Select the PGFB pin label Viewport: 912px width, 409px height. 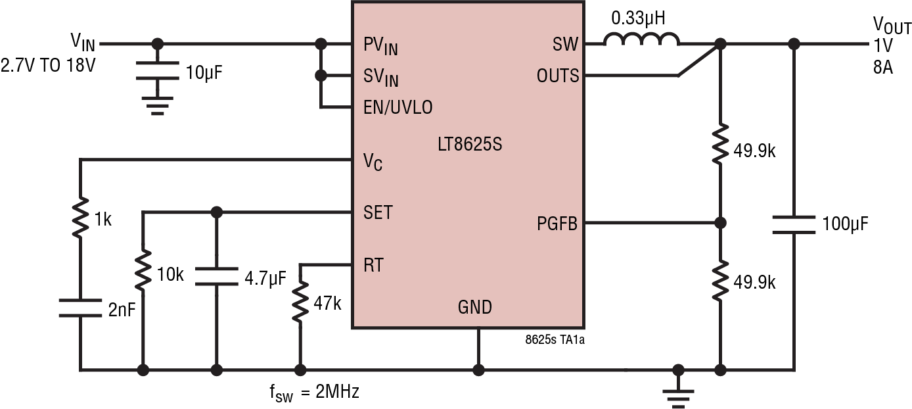click(557, 224)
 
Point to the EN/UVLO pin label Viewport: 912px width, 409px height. click(398, 107)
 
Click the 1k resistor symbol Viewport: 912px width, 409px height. click(80, 218)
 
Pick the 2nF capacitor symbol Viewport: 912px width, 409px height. click(80, 308)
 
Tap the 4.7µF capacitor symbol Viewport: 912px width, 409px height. click(216, 276)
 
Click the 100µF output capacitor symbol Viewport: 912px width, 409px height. click(794, 224)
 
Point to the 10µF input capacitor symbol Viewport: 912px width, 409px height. click(157, 71)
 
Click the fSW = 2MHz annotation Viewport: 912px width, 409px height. click(314, 393)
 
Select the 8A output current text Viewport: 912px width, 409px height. click(882, 67)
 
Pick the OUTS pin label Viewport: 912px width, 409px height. click(558, 76)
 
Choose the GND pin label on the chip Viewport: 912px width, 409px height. click(474, 307)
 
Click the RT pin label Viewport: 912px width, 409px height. click(373, 266)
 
